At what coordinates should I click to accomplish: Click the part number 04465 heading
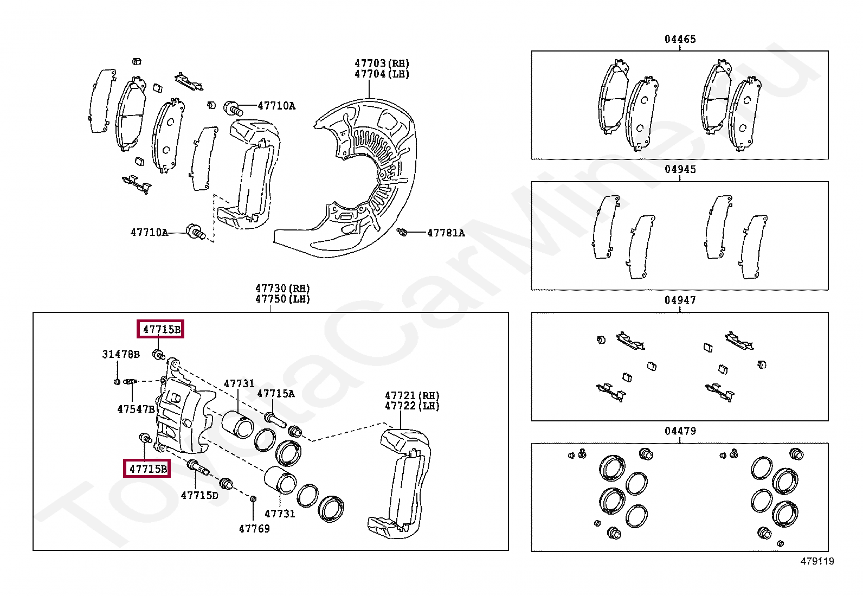click(680, 39)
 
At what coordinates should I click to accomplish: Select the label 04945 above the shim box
click(680, 169)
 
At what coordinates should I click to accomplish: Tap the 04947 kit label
click(680, 300)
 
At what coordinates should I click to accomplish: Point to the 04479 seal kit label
click(680, 431)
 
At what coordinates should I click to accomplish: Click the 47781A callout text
click(446, 233)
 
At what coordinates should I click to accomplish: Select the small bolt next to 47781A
click(402, 232)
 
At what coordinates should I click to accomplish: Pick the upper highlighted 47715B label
click(160, 329)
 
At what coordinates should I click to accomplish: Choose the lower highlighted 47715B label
click(147, 469)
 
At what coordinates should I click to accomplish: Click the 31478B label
click(120, 354)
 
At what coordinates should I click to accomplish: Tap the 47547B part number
click(136, 409)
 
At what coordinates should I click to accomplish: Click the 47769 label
click(254, 528)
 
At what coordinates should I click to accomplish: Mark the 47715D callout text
click(199, 495)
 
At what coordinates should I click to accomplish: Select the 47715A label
click(275, 394)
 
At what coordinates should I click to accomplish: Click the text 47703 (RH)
click(382, 63)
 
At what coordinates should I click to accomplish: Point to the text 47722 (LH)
click(412, 406)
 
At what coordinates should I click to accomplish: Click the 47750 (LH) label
click(282, 299)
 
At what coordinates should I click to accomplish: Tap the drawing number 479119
click(817, 561)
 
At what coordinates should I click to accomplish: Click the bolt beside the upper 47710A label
click(233, 107)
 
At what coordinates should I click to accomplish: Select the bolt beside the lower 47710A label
click(195, 232)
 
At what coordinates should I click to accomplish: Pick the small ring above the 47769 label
click(253, 497)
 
